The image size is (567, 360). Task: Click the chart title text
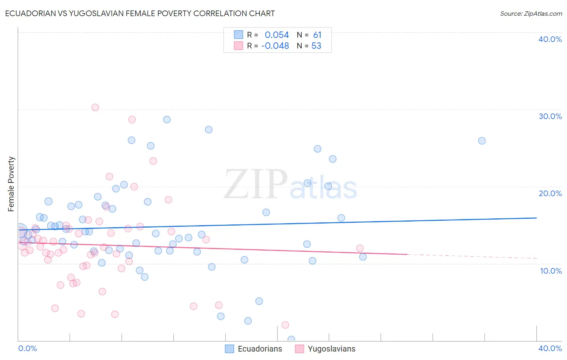pos(140,13)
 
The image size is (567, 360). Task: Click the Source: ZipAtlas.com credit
pos(531,13)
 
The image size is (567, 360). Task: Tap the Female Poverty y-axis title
pos(11,184)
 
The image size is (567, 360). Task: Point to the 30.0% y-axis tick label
pos(550,116)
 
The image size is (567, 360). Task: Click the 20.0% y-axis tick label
pos(550,193)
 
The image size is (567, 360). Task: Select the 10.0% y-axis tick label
pos(550,271)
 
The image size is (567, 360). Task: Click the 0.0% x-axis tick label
pos(27,348)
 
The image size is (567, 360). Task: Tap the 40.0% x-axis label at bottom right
pos(550,348)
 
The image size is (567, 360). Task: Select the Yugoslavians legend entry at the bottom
pos(325,349)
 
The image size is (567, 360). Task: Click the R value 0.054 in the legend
pos(277,35)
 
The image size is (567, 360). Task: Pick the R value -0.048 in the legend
pos(275,46)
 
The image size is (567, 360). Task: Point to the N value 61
pos(317,35)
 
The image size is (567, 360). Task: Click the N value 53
pos(317,46)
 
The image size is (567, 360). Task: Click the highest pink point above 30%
pos(95,107)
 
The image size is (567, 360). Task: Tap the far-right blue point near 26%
pos(482,141)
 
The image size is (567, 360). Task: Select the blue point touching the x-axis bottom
pos(291,339)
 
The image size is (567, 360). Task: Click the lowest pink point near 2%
pos(285,325)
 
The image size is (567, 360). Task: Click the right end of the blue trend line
pos(536,218)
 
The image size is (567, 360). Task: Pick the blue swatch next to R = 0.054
pos(239,35)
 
